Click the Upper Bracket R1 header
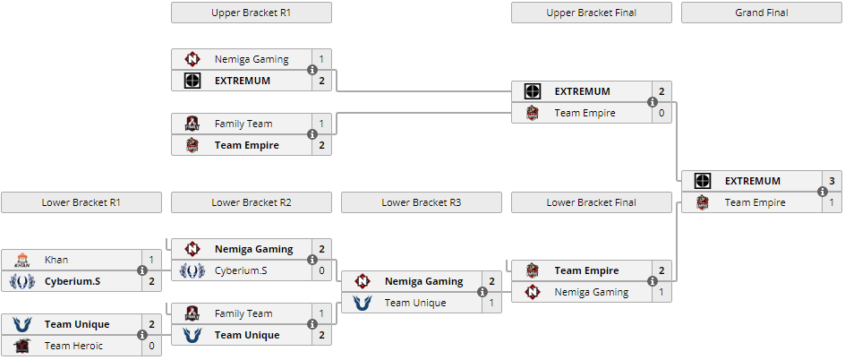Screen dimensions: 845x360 (x=252, y=13)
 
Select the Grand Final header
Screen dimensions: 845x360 (x=762, y=13)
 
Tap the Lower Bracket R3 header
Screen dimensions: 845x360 (x=422, y=202)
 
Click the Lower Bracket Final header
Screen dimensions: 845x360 (x=591, y=202)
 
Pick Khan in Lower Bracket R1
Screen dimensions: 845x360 (x=56, y=260)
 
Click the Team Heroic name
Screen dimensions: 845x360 (x=73, y=346)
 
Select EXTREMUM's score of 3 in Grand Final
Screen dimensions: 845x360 (x=832, y=181)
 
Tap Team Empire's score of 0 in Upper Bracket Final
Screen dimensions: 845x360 (x=661, y=113)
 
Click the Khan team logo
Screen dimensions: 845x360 (x=22, y=260)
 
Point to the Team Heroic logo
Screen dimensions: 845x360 (x=22, y=346)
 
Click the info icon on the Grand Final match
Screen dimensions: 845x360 (x=823, y=192)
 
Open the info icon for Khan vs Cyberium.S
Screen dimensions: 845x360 (x=142, y=270)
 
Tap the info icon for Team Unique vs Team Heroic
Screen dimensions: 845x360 (x=142, y=335)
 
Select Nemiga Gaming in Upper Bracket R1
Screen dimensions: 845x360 (x=252, y=59)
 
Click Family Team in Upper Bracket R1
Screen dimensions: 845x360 (x=243, y=124)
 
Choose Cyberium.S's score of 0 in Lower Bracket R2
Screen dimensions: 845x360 (x=321, y=270)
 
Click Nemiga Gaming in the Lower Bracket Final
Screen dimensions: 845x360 (x=592, y=292)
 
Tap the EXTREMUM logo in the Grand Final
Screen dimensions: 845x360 (x=702, y=181)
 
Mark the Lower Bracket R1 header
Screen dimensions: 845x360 (x=81, y=202)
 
